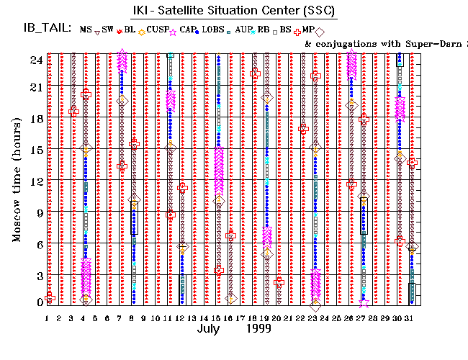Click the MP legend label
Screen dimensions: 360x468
click(x=307, y=29)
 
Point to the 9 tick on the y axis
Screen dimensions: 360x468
click(x=36, y=212)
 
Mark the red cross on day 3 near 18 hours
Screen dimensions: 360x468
click(x=73, y=111)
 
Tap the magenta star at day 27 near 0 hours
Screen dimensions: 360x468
click(x=364, y=303)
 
